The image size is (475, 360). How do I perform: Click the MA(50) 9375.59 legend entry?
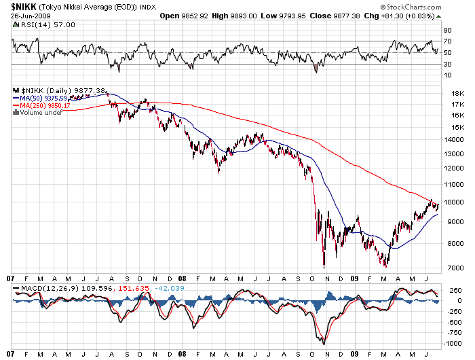[48, 98]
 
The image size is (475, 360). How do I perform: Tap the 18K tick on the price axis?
[447, 94]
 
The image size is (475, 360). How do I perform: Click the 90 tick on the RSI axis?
[447, 31]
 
